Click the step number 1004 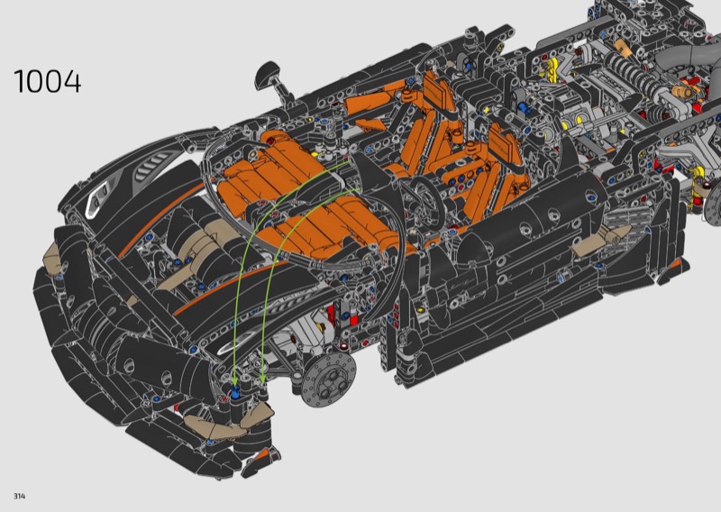pos(48,82)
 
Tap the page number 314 pos(19,496)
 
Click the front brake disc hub pos(328,380)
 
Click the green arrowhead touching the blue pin pos(234,380)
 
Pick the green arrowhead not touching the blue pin pos(262,378)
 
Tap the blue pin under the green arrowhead pos(235,391)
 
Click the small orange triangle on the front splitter pos(262,454)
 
